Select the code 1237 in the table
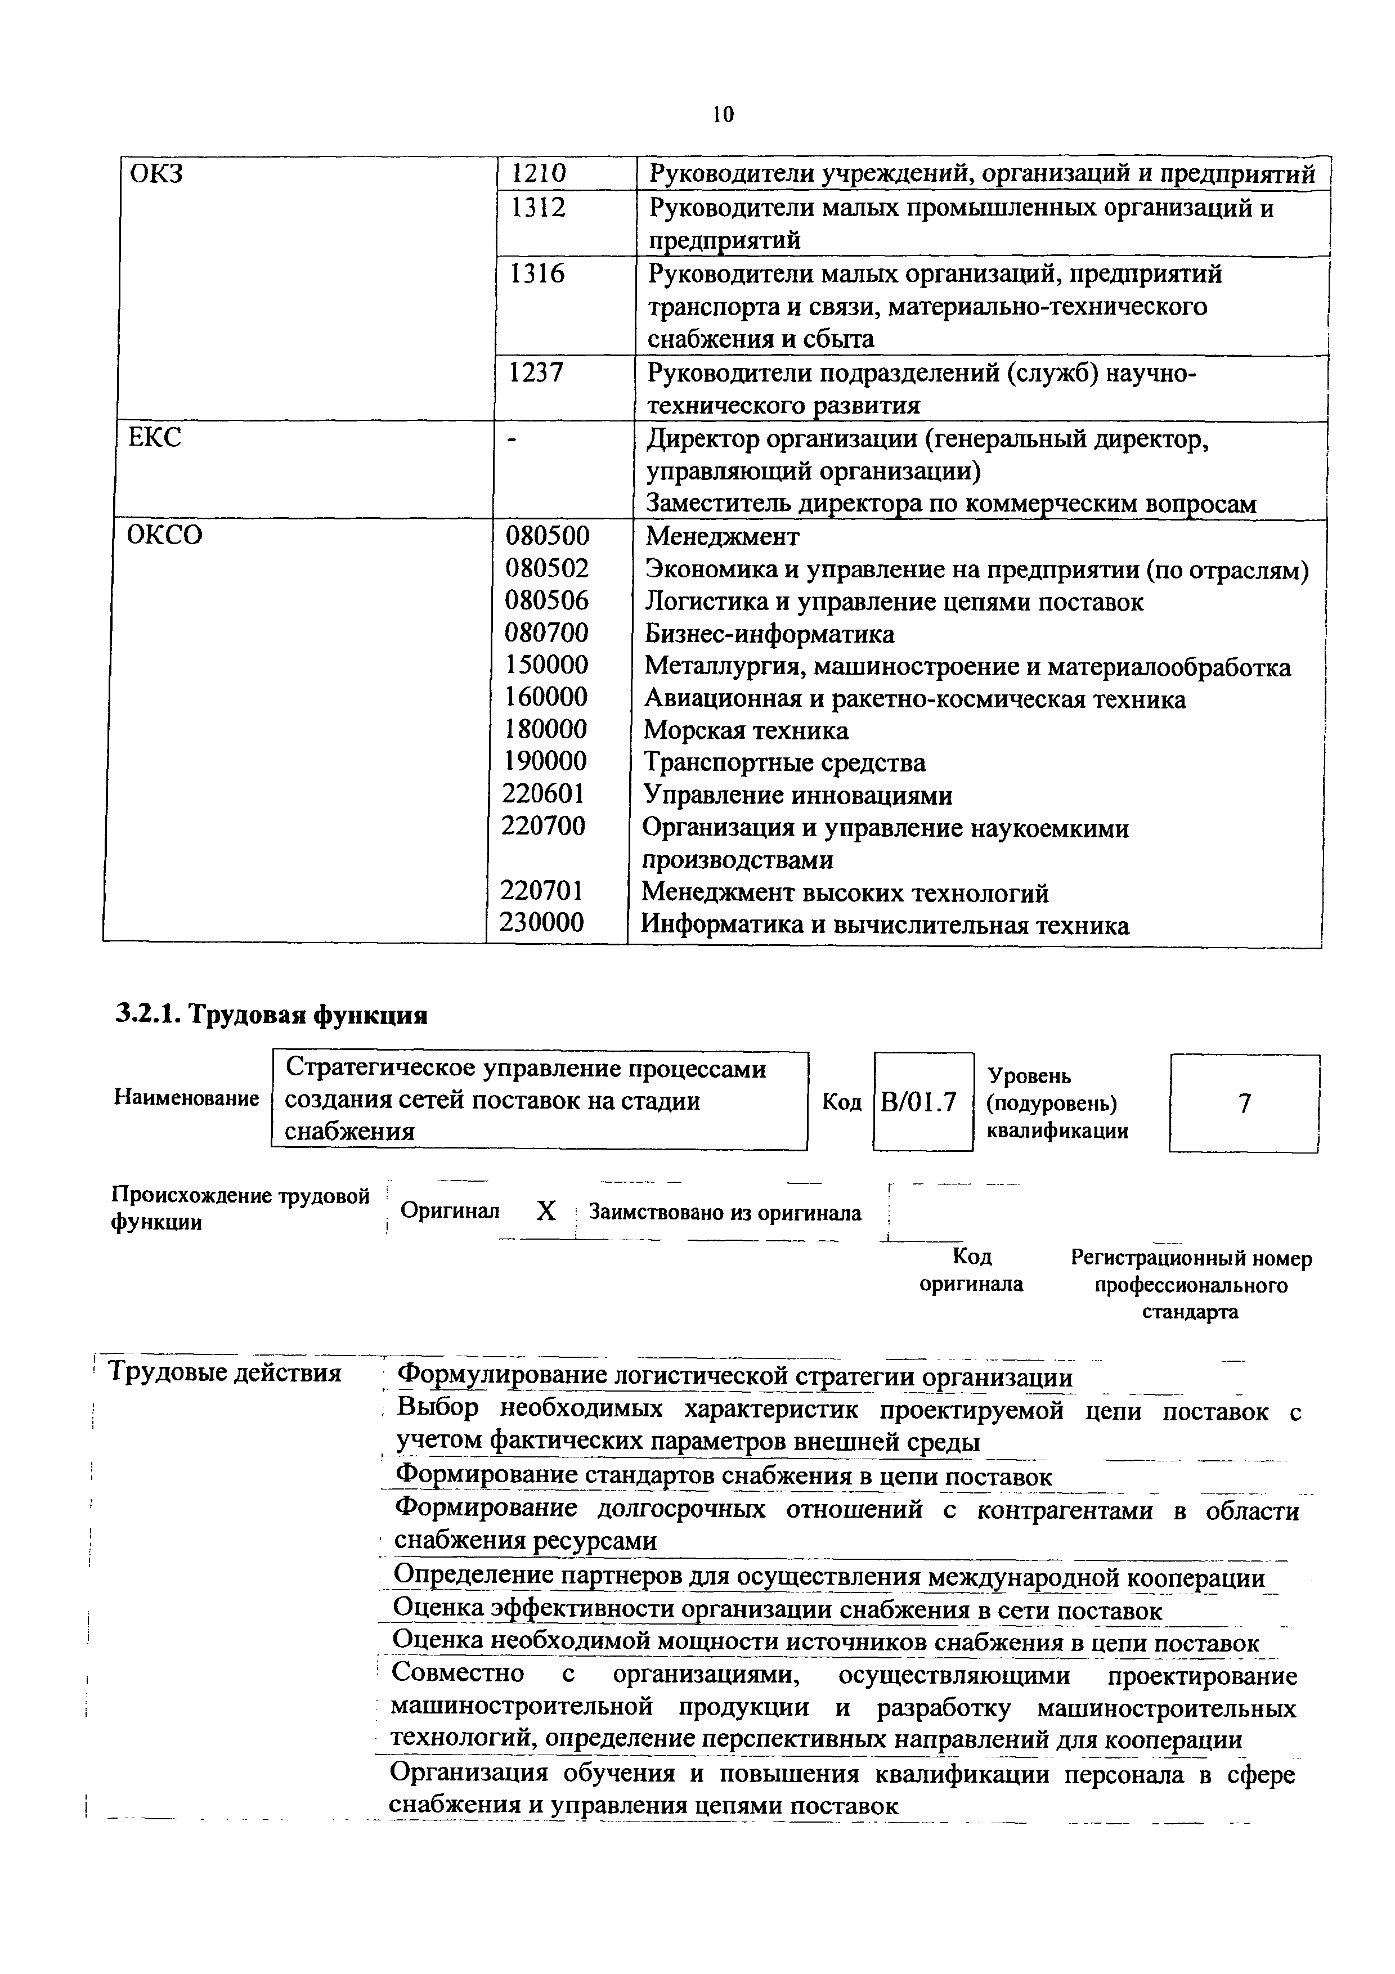(537, 373)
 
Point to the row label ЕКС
(155, 438)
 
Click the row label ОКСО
(165, 536)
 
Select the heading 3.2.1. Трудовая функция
(272, 1015)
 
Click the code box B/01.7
(919, 1102)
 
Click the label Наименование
(186, 1098)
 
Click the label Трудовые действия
(225, 1373)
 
